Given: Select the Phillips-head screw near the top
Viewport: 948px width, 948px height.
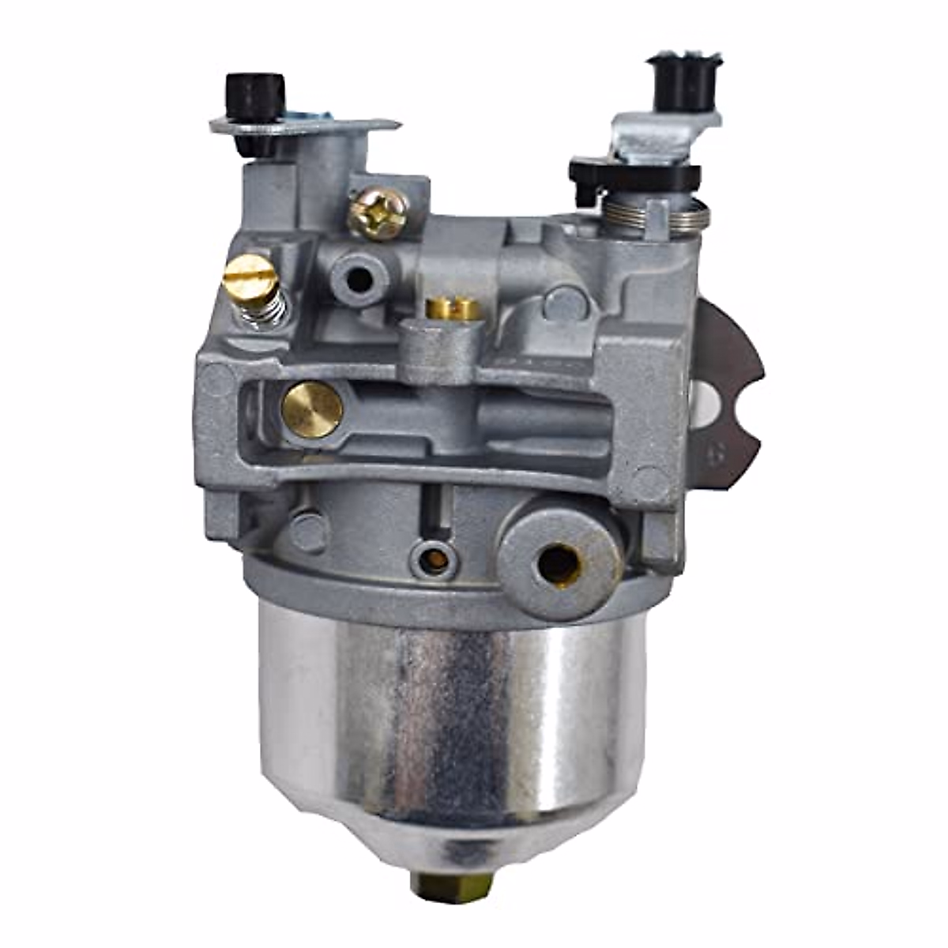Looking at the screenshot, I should (x=378, y=212).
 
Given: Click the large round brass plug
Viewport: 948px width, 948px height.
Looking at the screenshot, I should (x=312, y=409).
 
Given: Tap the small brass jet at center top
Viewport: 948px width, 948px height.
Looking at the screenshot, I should (x=453, y=309).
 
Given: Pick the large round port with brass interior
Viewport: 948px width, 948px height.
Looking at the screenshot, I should (x=559, y=560).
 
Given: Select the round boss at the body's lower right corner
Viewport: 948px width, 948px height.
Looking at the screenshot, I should (x=649, y=483).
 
